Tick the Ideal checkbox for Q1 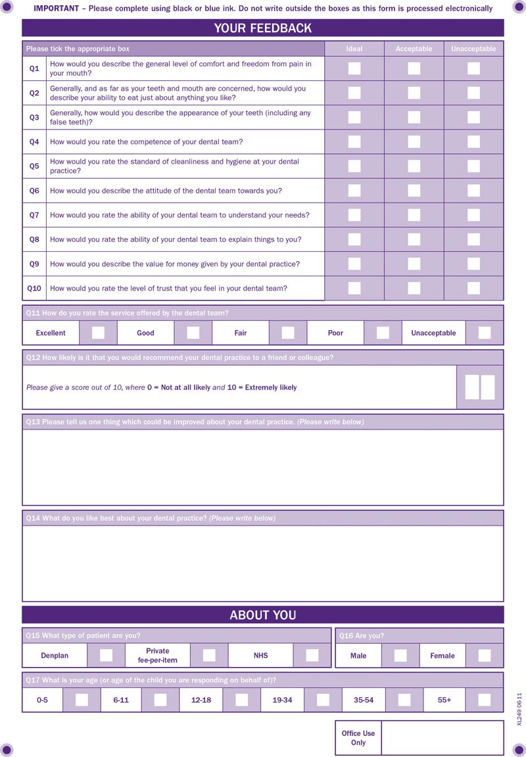point(354,68)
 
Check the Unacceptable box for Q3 point(473,118)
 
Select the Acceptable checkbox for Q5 point(414,166)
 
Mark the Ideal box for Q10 point(354,288)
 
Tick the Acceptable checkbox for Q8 point(414,239)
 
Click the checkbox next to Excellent point(98,333)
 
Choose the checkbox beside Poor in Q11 point(383,333)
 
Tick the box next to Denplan point(106,655)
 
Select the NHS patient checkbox point(312,655)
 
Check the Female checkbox point(485,655)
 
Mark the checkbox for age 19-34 point(323,700)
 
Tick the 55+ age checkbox point(485,700)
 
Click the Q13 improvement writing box point(263,467)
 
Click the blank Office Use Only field point(442,737)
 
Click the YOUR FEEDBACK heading point(263,28)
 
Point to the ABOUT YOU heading point(263,616)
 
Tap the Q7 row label point(34,215)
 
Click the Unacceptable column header point(473,49)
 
